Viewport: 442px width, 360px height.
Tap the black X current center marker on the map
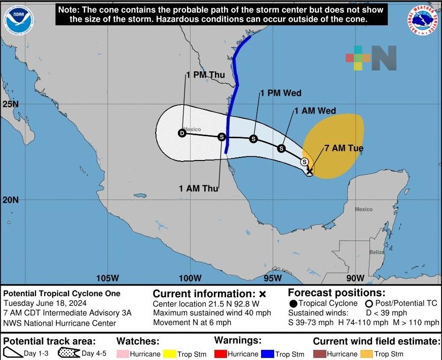[x=309, y=172]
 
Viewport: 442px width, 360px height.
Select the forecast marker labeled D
[x=182, y=133]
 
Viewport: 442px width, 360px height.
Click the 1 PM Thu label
[x=205, y=75]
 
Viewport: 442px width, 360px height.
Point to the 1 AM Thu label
[x=198, y=188]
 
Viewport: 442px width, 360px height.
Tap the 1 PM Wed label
[x=281, y=93]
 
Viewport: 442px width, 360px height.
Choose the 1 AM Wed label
[x=315, y=111]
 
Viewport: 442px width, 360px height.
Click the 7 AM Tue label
[x=344, y=148]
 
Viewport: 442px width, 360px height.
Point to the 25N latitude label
[x=10, y=104]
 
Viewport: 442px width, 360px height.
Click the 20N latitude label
[x=10, y=199]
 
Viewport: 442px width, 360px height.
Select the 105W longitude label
[x=107, y=278]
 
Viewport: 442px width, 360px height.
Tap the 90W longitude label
[x=355, y=278]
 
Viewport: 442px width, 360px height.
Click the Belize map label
[x=377, y=252]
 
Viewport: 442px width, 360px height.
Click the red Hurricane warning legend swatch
[x=219, y=354]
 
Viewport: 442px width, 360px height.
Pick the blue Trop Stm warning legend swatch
[x=267, y=354]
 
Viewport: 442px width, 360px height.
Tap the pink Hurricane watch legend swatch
[x=122, y=354]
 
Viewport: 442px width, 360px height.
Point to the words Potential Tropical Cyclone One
[x=62, y=294]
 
